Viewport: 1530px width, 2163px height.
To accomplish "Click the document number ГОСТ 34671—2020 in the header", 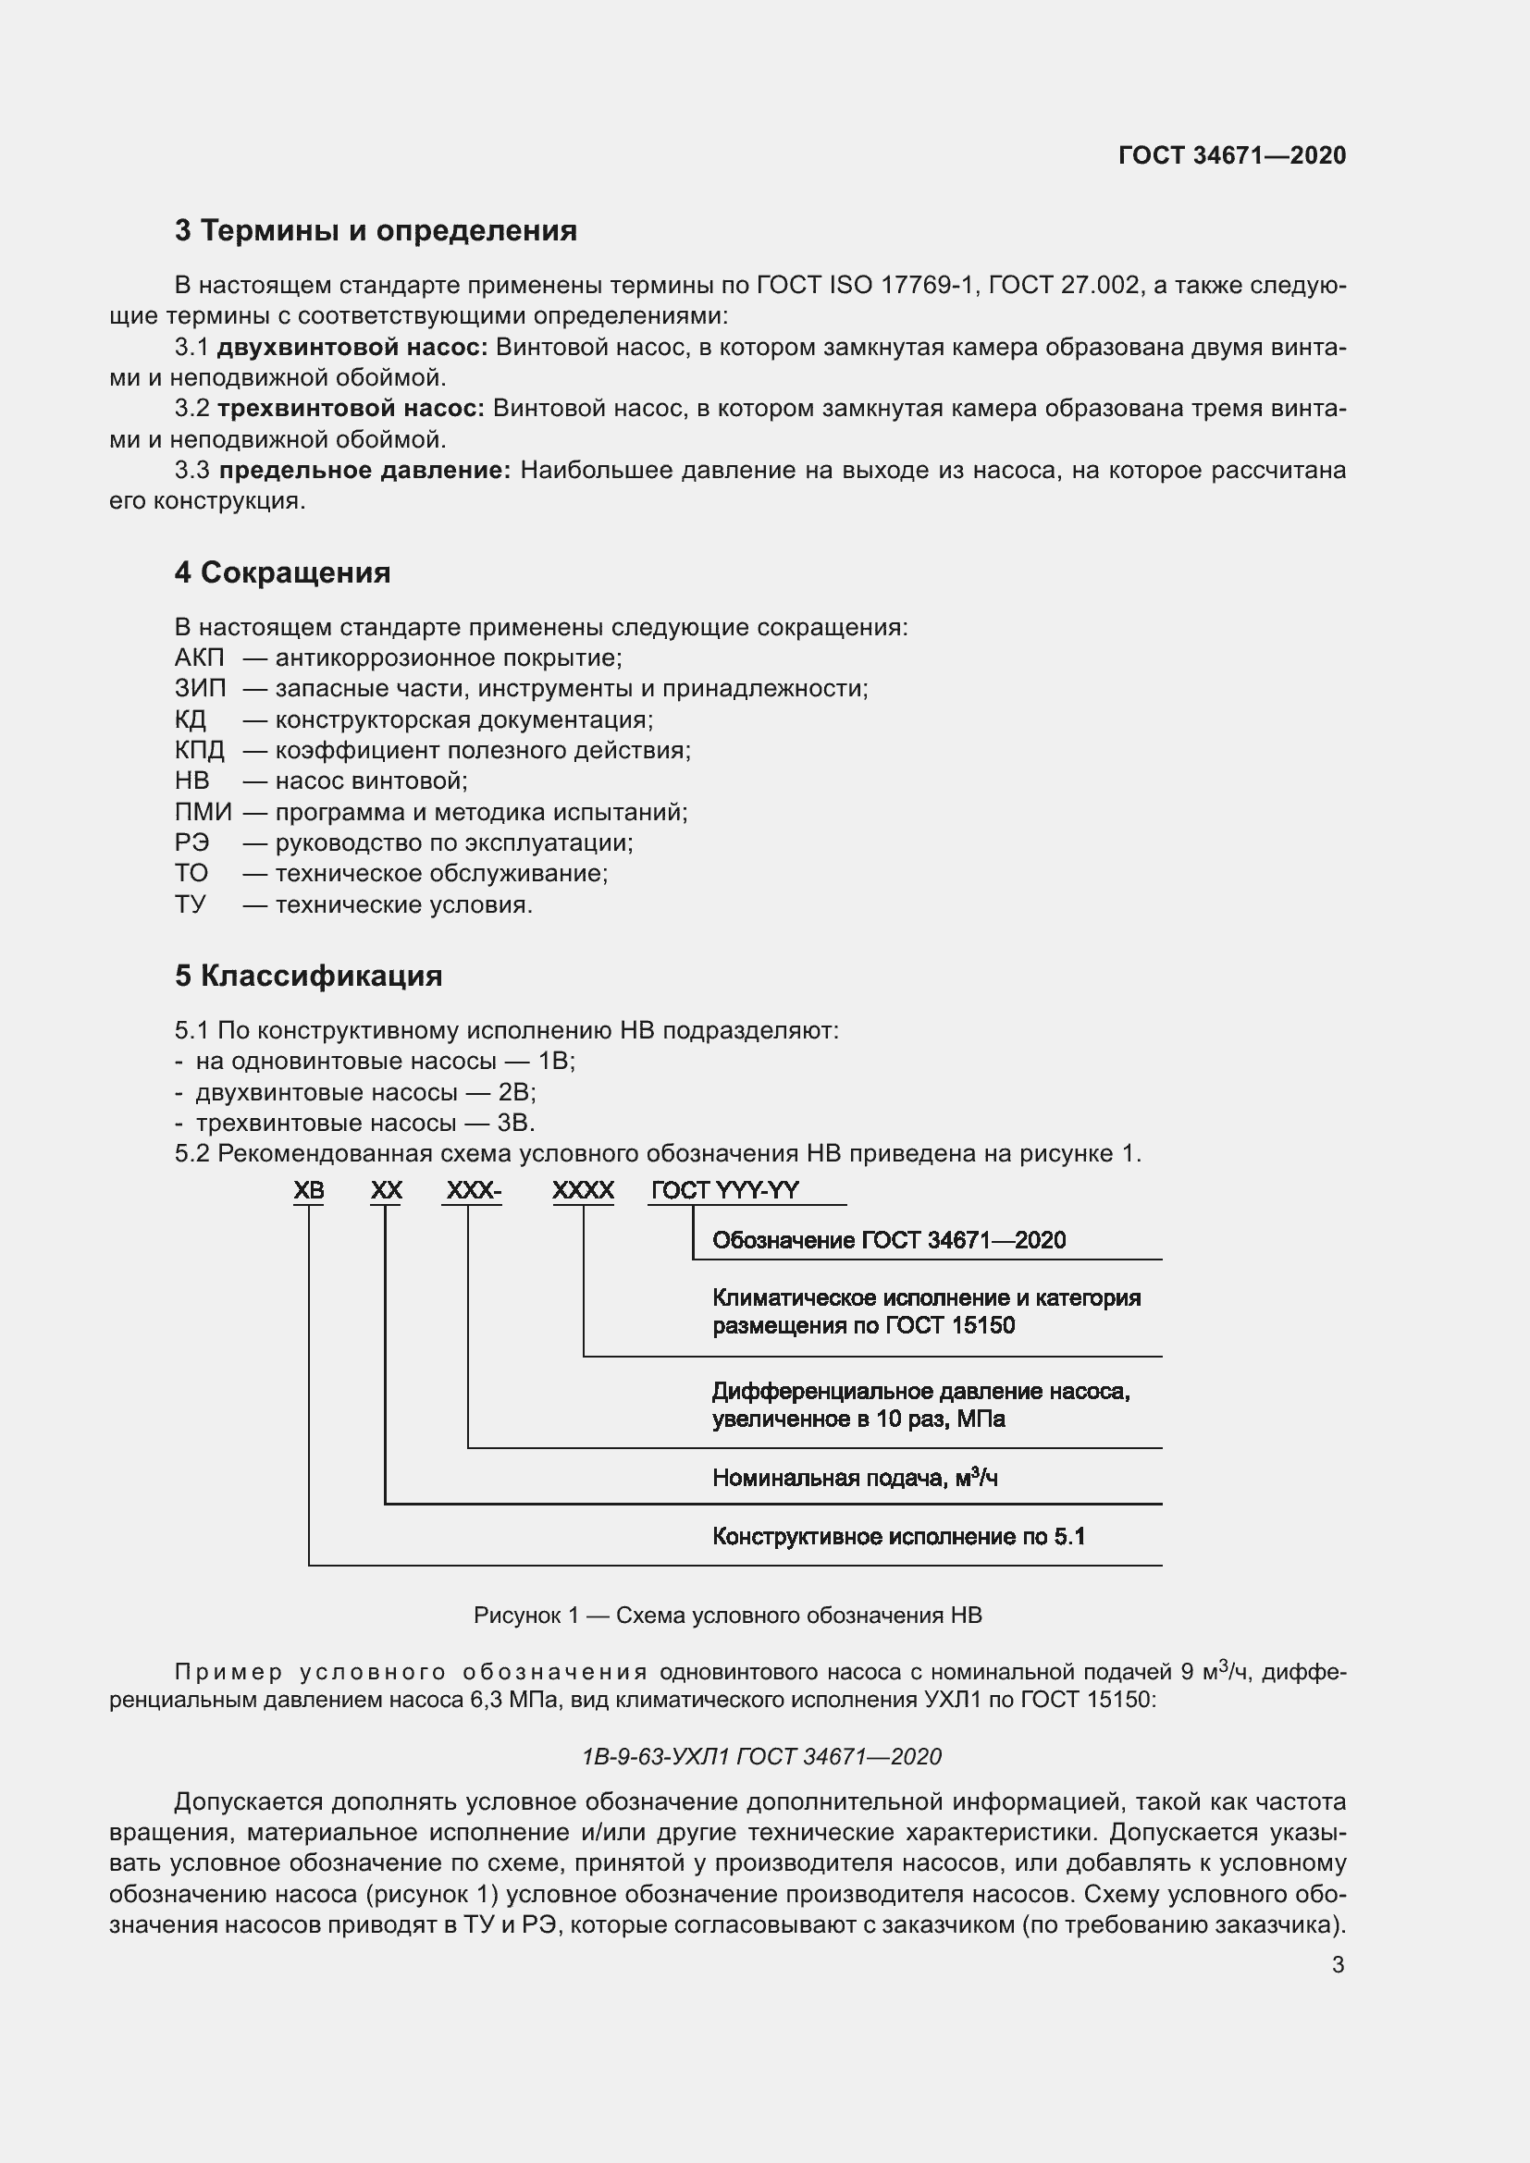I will [1231, 155].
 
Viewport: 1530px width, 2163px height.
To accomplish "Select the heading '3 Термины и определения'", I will [375, 231].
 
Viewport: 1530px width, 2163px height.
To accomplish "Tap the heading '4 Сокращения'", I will [282, 572].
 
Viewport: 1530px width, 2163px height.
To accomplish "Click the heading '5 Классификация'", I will [308, 976].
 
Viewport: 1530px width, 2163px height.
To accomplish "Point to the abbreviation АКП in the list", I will [200, 658].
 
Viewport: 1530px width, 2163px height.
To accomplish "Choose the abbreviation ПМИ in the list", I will [203, 812].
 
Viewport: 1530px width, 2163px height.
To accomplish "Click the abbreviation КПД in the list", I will [200, 750].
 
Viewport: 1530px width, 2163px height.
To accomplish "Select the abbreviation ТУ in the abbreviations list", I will [191, 904].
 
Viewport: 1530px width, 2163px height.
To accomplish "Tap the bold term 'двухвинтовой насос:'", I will [352, 348].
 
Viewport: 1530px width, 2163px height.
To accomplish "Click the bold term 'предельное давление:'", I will [364, 470].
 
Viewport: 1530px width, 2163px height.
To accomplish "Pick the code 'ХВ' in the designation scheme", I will [309, 1191].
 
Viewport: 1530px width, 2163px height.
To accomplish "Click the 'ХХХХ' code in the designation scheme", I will [583, 1191].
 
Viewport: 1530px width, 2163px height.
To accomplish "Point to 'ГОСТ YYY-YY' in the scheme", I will [724, 1191].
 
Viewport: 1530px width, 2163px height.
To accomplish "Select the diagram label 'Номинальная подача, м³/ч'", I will [855, 1478].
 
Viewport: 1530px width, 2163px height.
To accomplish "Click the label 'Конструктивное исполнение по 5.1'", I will [898, 1538].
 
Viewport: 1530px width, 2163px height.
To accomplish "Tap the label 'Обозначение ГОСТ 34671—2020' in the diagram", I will [888, 1241].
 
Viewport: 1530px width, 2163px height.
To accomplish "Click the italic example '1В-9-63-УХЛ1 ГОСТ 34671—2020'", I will [761, 1757].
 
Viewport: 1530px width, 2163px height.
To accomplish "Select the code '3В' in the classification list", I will [515, 1123].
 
